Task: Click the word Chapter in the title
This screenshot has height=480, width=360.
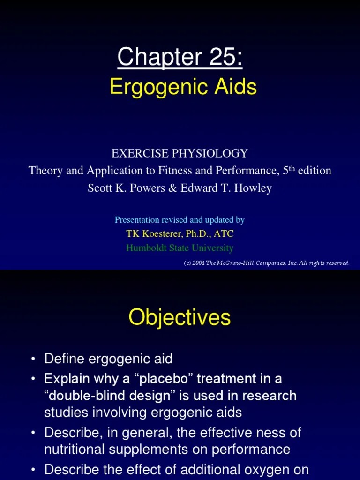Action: pos(150,57)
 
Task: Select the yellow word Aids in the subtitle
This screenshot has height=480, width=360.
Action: pos(237,87)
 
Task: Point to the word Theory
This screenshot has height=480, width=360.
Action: pos(45,171)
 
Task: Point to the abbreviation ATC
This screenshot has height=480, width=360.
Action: pos(223,233)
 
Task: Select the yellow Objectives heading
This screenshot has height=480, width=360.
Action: pos(180,317)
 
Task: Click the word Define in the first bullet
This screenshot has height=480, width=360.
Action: pos(64,359)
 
